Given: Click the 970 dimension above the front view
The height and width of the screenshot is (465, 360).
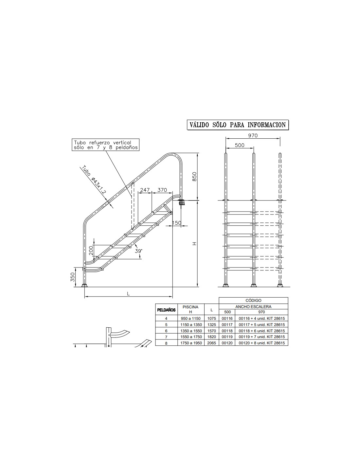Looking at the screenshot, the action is pyautogui.click(x=253, y=135).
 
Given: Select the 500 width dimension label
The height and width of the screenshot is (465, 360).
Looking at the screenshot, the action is pyautogui.click(x=240, y=145).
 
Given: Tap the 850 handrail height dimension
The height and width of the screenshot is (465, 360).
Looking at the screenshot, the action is pyautogui.click(x=194, y=177).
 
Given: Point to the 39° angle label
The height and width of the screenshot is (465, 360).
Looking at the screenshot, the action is pyautogui.click(x=138, y=251).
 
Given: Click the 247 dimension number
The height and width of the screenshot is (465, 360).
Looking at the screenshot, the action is pyautogui.click(x=145, y=190).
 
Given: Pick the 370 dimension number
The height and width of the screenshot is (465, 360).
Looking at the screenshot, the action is pyautogui.click(x=162, y=190).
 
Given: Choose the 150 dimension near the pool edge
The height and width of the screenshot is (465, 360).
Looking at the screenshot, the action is pyautogui.click(x=177, y=223).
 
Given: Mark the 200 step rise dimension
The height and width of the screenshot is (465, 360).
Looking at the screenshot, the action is pyautogui.click(x=91, y=250).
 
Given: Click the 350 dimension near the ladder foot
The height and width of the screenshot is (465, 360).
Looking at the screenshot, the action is pyautogui.click(x=73, y=277).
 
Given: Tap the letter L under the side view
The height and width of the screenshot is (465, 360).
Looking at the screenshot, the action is pyautogui.click(x=128, y=294).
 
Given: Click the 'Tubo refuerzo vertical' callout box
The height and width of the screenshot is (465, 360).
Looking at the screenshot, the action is pyautogui.click(x=106, y=145).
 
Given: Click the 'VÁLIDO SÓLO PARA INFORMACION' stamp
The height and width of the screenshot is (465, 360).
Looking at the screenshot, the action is pyautogui.click(x=238, y=125).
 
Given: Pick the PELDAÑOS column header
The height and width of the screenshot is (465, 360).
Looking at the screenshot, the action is pyautogui.click(x=166, y=310).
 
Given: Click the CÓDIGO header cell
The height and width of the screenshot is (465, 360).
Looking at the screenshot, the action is pyautogui.click(x=253, y=301).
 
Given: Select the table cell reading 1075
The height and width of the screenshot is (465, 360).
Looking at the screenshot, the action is pyautogui.click(x=212, y=319).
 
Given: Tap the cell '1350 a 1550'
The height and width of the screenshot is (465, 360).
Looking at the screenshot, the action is pyautogui.click(x=191, y=331).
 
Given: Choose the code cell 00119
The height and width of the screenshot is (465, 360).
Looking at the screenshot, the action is pyautogui.click(x=227, y=336).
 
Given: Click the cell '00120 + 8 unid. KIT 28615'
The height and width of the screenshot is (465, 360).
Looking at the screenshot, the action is pyautogui.click(x=262, y=343).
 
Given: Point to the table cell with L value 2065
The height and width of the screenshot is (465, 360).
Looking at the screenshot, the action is pyautogui.click(x=212, y=343).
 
